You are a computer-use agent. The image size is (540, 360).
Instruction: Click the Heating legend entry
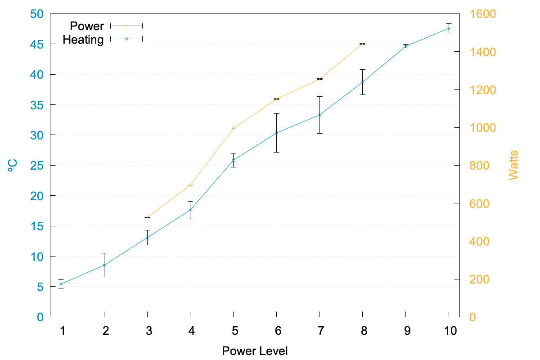(x=83, y=40)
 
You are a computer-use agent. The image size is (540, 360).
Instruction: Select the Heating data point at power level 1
(x=61, y=284)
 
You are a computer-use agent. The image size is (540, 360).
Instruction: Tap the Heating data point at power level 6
(x=276, y=133)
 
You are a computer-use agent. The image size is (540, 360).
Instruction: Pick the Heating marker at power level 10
(x=449, y=28)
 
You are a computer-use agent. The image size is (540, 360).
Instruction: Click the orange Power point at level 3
(x=147, y=217)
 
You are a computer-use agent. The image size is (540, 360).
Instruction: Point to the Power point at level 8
(x=362, y=44)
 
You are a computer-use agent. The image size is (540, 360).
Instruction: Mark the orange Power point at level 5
(x=233, y=129)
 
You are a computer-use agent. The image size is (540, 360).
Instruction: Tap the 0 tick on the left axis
(x=40, y=317)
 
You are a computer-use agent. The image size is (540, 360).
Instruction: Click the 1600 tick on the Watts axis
(x=483, y=14)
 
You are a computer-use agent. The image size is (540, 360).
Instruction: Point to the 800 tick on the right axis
(x=480, y=166)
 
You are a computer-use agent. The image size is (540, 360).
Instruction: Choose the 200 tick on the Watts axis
(x=480, y=279)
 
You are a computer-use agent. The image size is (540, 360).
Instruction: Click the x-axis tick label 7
(x=319, y=331)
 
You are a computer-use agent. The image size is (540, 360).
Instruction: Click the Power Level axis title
(x=255, y=351)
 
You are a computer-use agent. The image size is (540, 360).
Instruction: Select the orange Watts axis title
(x=513, y=165)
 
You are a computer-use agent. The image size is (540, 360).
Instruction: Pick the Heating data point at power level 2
(x=104, y=265)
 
